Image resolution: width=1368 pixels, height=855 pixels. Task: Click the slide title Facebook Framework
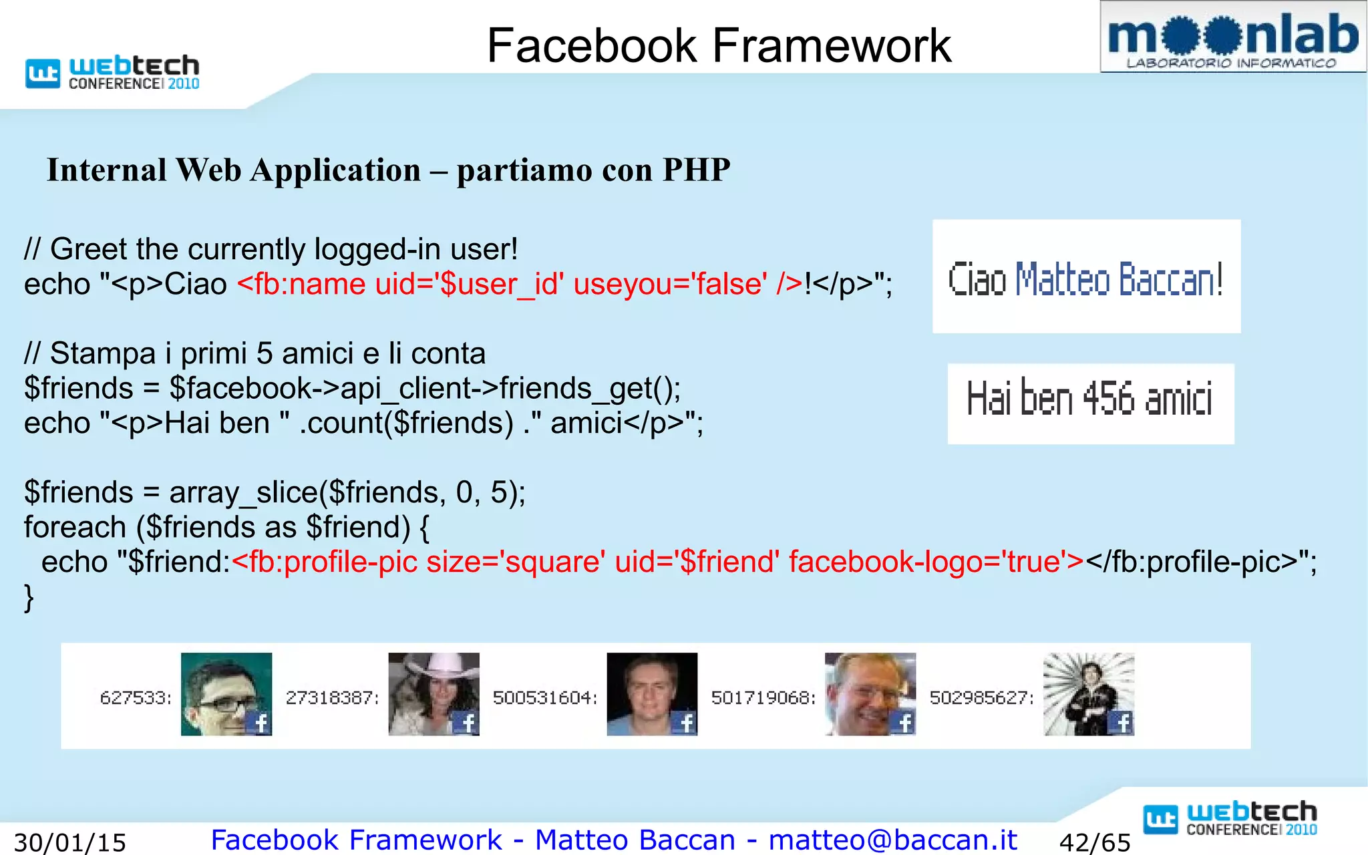coord(719,45)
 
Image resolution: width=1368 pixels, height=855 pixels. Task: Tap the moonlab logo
coord(1232,37)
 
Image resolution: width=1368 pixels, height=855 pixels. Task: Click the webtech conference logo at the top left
coord(112,72)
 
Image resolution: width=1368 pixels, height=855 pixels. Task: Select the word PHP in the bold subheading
coord(696,170)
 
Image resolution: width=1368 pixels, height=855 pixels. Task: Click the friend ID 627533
coord(136,698)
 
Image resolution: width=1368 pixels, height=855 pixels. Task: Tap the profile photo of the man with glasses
coord(226,694)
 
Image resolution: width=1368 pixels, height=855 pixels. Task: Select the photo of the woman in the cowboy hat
coord(434,694)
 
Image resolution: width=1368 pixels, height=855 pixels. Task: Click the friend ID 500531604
coord(545,698)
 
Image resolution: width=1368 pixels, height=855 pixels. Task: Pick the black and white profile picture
coord(1089,694)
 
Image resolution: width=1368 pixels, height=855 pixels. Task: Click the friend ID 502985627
coord(981,698)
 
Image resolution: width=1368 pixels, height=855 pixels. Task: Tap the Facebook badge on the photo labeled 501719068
coord(904,723)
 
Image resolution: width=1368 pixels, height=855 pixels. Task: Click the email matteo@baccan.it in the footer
coord(892,840)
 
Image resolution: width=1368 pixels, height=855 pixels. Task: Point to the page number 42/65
coord(1095,842)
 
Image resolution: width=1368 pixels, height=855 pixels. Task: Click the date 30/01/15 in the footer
coord(70,842)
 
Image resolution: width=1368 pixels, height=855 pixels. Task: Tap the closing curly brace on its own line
coord(29,597)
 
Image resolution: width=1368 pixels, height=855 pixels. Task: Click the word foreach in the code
coord(75,528)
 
